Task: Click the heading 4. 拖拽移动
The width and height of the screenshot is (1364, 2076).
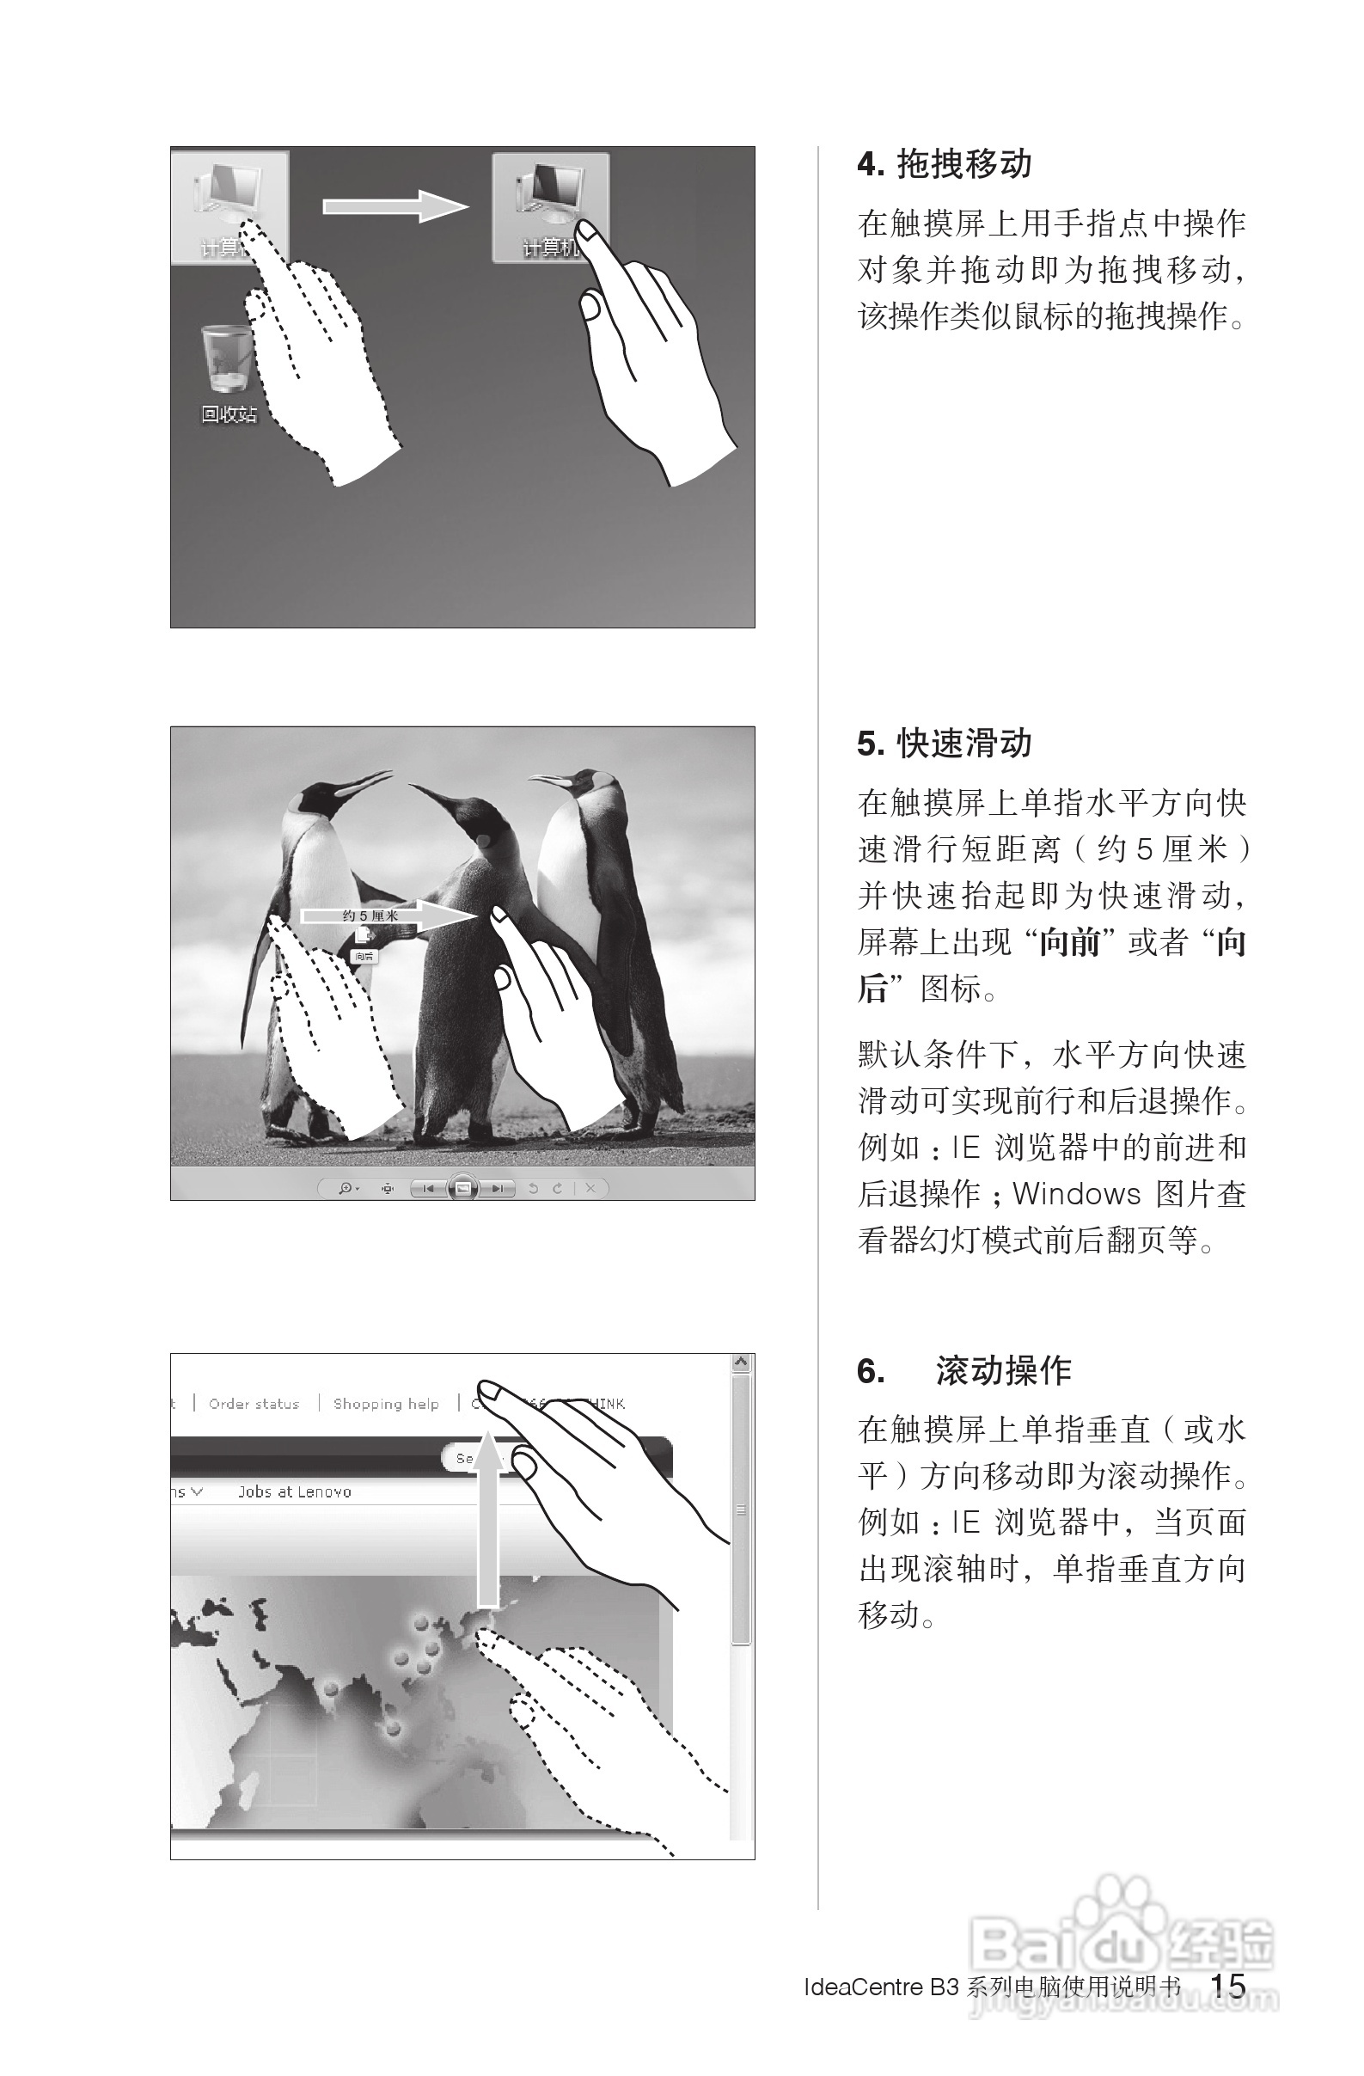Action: [945, 164]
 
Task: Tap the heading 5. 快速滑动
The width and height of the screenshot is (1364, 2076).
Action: [945, 744]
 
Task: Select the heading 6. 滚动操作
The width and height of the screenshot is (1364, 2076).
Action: [963, 1370]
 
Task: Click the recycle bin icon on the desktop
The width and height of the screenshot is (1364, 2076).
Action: [227, 358]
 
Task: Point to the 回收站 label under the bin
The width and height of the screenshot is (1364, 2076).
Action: [229, 414]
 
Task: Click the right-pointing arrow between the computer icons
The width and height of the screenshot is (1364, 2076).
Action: [395, 205]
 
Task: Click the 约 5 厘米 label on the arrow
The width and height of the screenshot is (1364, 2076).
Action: [370, 915]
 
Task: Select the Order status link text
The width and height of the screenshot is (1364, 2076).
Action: [254, 1404]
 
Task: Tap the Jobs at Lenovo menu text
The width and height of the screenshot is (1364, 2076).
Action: [295, 1491]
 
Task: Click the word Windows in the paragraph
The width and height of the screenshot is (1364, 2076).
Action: [1076, 1193]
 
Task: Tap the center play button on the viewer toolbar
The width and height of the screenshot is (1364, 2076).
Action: [463, 1188]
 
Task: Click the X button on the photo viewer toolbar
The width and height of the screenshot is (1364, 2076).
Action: [590, 1188]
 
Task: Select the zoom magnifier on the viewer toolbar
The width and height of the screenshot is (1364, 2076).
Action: [346, 1188]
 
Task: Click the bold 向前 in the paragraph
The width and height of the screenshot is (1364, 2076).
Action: [1070, 942]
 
